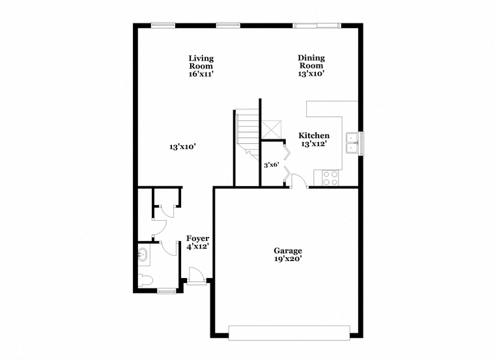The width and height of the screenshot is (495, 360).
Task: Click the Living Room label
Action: [201, 62]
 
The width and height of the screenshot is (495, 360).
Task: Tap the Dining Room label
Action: [311, 62]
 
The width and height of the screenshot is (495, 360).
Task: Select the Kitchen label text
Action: [314, 135]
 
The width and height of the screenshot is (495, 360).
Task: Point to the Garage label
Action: [288, 251]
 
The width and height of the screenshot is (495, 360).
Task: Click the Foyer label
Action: [197, 238]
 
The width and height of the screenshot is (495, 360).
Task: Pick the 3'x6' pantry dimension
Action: [272, 165]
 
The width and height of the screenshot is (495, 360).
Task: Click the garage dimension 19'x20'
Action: [288, 259]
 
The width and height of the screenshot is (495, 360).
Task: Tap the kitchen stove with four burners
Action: [330, 178]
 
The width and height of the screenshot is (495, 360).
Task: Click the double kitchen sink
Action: [352, 143]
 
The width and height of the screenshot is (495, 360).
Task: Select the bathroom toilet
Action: [145, 280]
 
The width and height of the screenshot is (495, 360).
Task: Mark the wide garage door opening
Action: [289, 333]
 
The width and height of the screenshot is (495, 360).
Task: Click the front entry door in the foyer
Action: [197, 277]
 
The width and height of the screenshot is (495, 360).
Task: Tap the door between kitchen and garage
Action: [299, 181]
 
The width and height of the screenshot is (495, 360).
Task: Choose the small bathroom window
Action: [167, 291]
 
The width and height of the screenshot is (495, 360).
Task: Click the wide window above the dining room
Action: [317, 25]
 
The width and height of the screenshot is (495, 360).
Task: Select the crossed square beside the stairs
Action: [272, 130]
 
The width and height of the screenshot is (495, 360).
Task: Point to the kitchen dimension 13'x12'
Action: [314, 144]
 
